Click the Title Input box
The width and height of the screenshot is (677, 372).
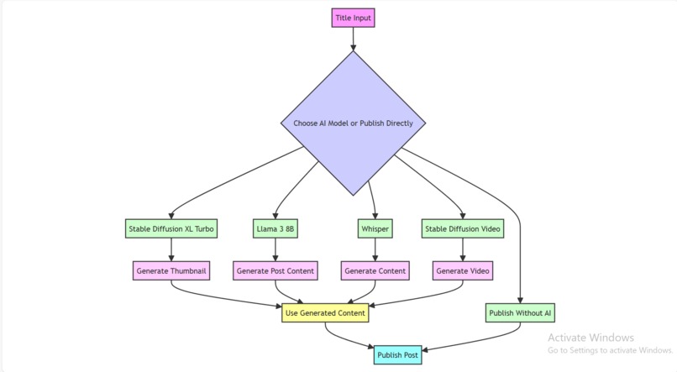pos(353,18)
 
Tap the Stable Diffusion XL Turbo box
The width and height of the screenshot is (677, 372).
pos(171,228)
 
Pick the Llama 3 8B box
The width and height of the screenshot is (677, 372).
pos(276,228)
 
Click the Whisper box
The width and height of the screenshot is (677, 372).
pos(375,228)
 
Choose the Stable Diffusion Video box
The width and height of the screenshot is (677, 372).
pos(463,228)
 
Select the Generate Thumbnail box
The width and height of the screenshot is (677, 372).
pos(171,270)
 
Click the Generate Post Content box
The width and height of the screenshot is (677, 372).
pos(276,270)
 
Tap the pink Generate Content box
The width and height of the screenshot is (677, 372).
pos(375,270)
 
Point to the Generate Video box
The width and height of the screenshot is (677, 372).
pos(463,270)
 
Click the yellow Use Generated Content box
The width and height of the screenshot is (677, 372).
pos(325,313)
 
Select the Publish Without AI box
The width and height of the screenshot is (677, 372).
pos(520,313)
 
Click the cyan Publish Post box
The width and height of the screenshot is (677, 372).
pos(397,355)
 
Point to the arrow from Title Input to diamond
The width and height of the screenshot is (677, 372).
pos(353,39)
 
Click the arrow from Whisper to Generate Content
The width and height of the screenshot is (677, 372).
pos(375,249)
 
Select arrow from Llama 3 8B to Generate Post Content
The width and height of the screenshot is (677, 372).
pos(276,249)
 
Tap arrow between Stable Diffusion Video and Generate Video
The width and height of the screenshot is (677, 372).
pos(463,249)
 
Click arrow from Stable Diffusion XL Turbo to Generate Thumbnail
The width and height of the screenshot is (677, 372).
pos(171,249)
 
